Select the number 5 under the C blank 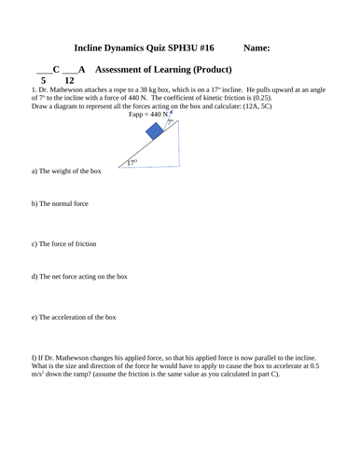pyautogui.click(x=43, y=81)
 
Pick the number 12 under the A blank pyautogui.click(x=69, y=81)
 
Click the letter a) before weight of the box pyautogui.click(x=35, y=171)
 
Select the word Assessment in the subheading pyautogui.click(x=126, y=70)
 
